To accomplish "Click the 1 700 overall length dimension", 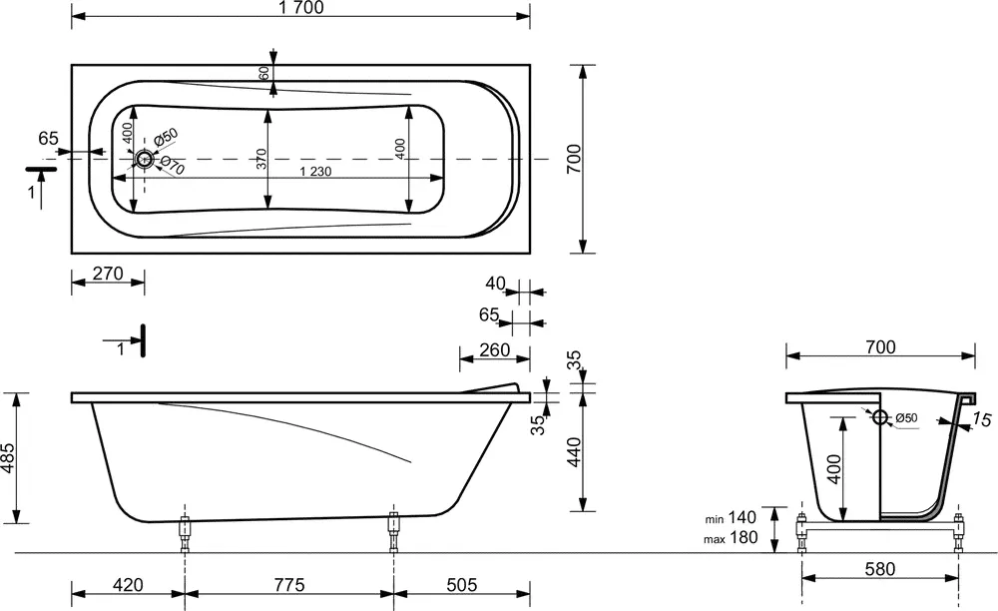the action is coord(300,8).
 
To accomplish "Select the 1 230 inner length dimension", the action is coord(315,171).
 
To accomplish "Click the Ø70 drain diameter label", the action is coord(173,166).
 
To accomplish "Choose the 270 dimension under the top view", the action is coord(108,274).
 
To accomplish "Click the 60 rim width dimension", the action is coord(264,73).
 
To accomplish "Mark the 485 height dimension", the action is coord(8,458).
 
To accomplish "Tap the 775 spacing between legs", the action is coord(289,584).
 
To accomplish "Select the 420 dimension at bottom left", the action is coord(128,584).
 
